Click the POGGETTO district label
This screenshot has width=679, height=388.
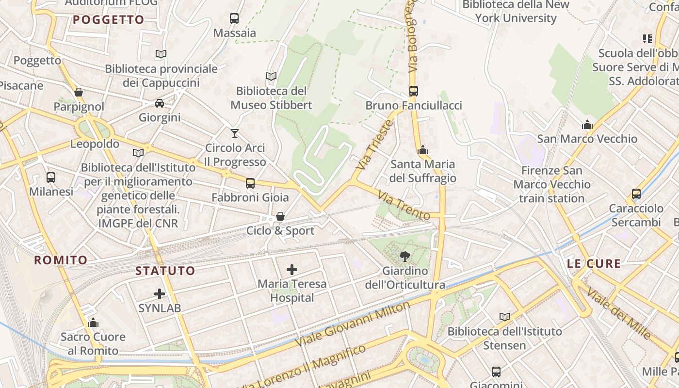tap(109, 20)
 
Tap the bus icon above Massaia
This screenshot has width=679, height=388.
tap(234, 18)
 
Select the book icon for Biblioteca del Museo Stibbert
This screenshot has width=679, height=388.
tap(271, 76)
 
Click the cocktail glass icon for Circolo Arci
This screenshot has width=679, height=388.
tap(235, 133)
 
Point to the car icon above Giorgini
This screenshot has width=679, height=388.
tap(160, 103)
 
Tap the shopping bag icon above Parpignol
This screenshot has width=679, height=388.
tap(79, 92)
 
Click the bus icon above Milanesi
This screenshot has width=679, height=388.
tap(51, 177)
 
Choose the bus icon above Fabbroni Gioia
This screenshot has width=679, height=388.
tap(250, 183)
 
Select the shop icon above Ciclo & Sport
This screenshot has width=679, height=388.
tap(280, 216)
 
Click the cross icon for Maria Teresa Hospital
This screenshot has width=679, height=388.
tap(292, 269)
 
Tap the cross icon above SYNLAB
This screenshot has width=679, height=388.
tap(160, 293)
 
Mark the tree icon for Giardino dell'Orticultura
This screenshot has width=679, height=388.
tap(404, 256)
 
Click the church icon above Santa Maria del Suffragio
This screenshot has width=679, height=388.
tap(423, 150)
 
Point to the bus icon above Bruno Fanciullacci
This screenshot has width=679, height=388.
tap(414, 91)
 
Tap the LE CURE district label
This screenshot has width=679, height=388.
tap(594, 264)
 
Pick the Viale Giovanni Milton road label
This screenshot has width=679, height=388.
tap(353, 323)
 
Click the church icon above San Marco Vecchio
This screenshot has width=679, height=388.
tap(587, 125)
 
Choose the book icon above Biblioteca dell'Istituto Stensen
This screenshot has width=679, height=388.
tap(505, 317)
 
